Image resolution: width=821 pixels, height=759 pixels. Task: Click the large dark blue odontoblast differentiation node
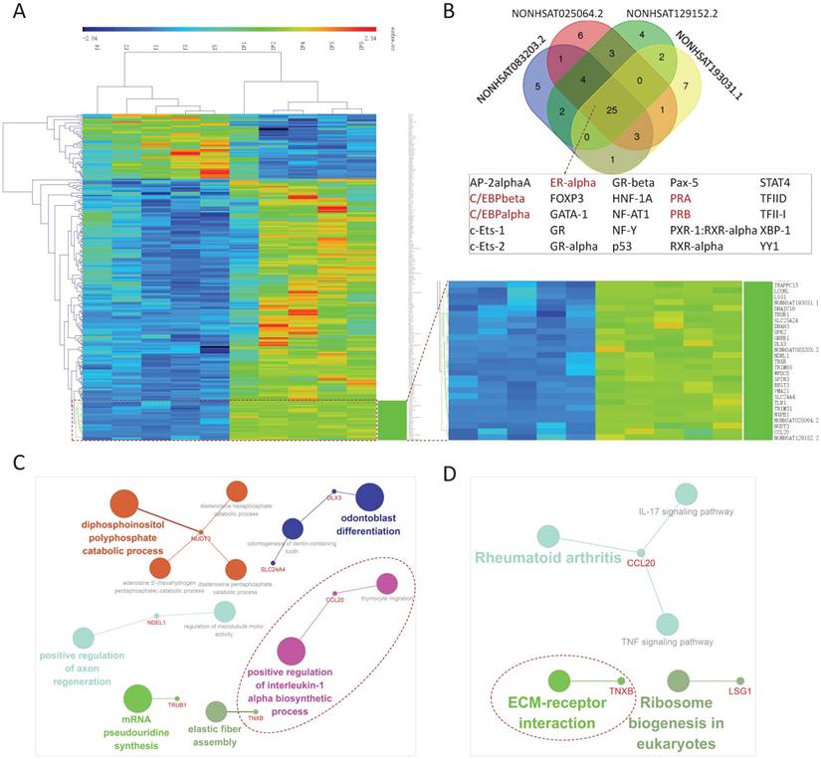pos(370,497)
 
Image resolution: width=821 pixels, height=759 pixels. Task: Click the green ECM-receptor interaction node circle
pos(559,681)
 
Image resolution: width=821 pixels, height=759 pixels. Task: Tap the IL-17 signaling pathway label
pos(686,512)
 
